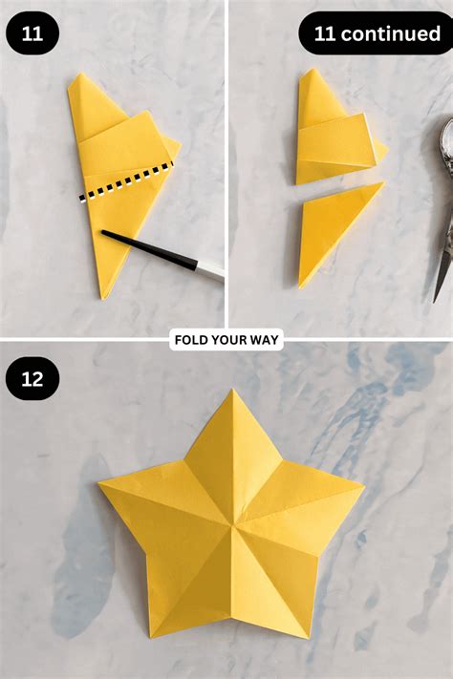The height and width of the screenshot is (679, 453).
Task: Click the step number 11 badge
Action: click(x=32, y=33)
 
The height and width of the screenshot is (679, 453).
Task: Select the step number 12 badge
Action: click(x=32, y=378)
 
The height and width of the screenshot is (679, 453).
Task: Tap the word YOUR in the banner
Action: click(x=227, y=340)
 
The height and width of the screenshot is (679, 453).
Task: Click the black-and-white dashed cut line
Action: click(x=126, y=180)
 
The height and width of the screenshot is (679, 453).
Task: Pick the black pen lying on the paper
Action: click(x=162, y=255)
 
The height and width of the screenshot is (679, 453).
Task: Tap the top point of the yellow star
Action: click(x=233, y=389)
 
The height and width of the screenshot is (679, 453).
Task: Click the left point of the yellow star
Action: click(x=98, y=483)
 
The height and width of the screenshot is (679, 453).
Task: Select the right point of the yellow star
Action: click(x=364, y=486)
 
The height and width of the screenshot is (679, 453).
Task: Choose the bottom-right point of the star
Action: click(x=309, y=637)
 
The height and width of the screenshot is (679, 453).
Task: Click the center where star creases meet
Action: click(x=233, y=526)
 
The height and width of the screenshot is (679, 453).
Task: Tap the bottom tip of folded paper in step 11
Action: click(x=103, y=298)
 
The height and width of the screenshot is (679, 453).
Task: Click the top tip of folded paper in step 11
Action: click(x=80, y=74)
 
